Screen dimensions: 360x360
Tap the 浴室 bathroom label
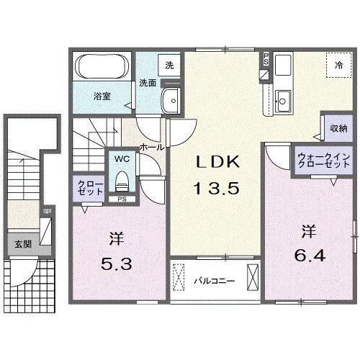100,95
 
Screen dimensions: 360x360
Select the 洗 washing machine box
170,64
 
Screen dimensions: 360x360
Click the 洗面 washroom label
148,83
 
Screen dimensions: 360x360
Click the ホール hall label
151,146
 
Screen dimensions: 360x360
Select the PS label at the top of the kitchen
266,59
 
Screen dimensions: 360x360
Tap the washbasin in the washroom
171,101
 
